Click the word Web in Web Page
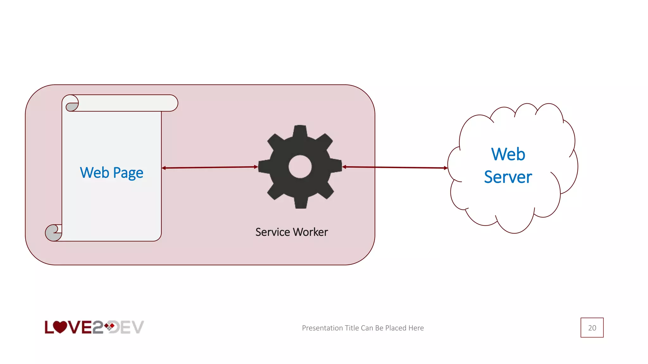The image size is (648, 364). point(94,173)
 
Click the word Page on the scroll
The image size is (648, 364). point(128,173)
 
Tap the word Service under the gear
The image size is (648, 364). point(272,232)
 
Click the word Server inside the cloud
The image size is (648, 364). point(508,177)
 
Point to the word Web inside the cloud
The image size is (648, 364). point(508,154)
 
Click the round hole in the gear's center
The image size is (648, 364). point(300,167)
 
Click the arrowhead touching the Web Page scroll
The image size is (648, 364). point(164,168)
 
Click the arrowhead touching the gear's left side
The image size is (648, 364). point(256,167)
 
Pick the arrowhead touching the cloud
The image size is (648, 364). point(445,168)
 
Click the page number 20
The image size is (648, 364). point(592,328)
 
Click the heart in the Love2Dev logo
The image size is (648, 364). point(59,327)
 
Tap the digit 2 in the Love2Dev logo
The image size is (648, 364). point(98,327)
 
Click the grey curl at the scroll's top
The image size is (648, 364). point(72,106)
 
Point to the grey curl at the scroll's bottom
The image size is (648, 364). point(52,234)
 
